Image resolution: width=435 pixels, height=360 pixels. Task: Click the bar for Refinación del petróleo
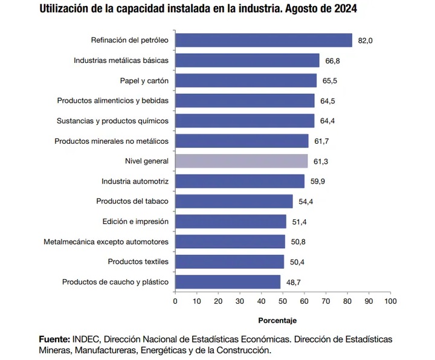pyautogui.click(x=263, y=40)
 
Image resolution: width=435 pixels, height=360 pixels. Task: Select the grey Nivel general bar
pyautogui.click(x=242, y=161)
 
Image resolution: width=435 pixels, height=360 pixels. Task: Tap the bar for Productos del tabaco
pyautogui.click(x=234, y=201)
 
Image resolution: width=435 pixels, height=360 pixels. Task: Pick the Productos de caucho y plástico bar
pyautogui.click(x=228, y=282)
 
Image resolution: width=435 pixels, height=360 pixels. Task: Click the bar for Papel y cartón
pyautogui.click(x=246, y=80)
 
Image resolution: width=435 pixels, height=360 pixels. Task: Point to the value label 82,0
pyautogui.click(x=366, y=40)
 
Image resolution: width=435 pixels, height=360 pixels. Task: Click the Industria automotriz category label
pyautogui.click(x=135, y=181)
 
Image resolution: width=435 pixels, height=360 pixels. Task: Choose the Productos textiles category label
pyautogui.click(x=138, y=262)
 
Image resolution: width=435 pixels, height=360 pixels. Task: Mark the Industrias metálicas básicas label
pyautogui.click(x=121, y=60)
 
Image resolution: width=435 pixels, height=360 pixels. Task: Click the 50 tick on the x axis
pyautogui.click(x=283, y=300)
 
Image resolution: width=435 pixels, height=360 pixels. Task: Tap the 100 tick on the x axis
pyautogui.click(x=390, y=300)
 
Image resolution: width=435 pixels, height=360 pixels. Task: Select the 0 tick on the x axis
pyautogui.click(x=175, y=300)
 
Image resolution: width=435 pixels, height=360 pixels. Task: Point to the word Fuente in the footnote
pyautogui.click(x=54, y=338)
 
